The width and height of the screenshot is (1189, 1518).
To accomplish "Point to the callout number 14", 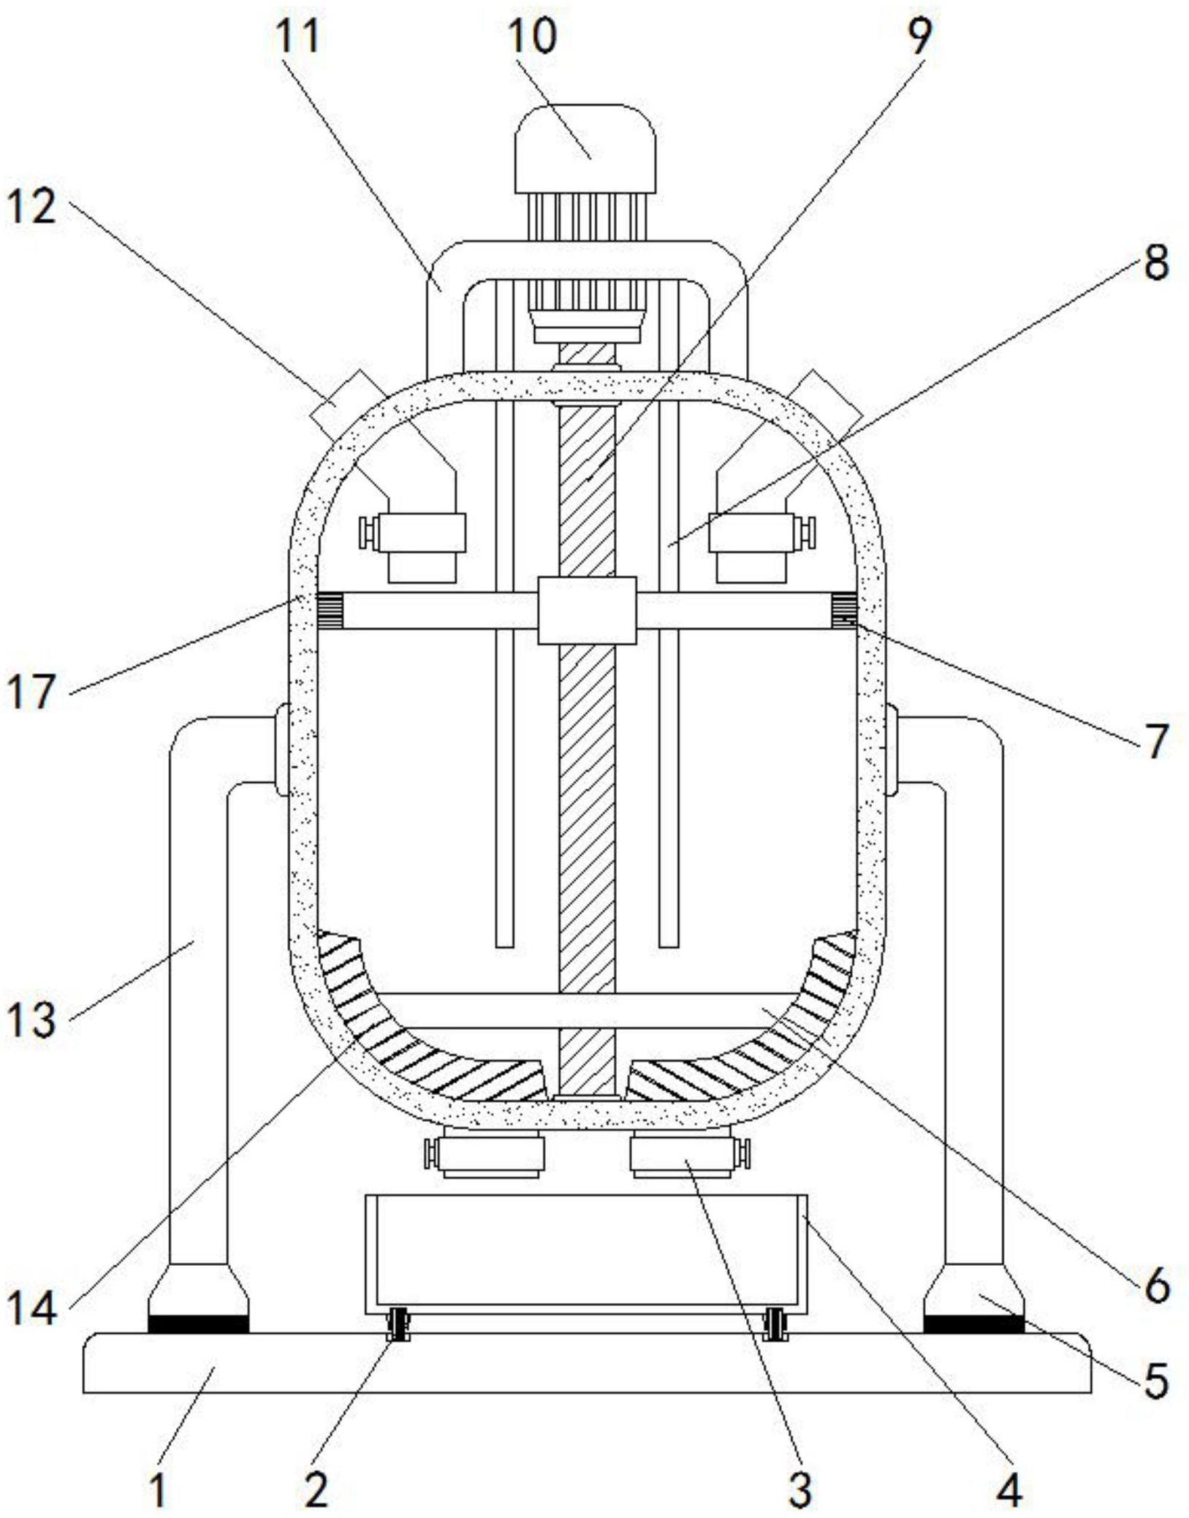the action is (x=31, y=1307).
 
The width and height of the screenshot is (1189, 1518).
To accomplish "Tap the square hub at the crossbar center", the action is (x=587, y=610).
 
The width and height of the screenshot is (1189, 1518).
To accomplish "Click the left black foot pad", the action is (x=198, y=1324).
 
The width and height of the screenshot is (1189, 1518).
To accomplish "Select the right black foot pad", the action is (x=973, y=1324).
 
